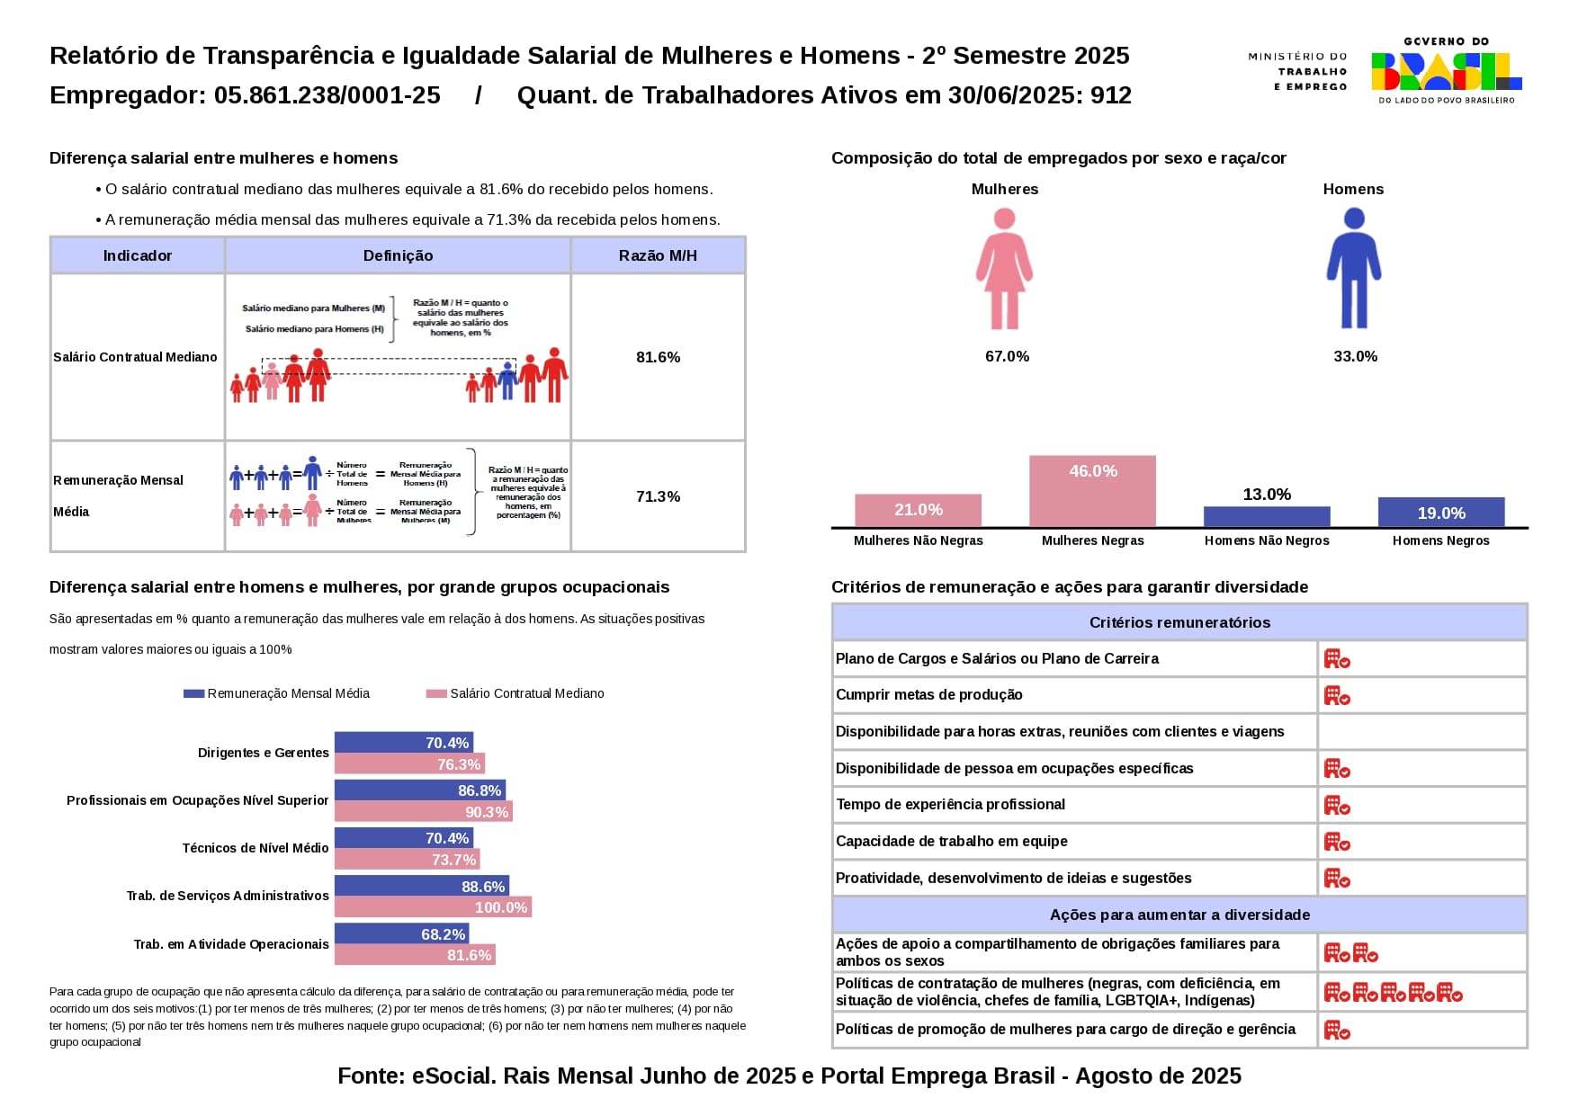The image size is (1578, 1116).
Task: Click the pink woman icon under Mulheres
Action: (x=1004, y=269)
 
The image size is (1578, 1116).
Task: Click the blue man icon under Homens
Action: (x=1353, y=269)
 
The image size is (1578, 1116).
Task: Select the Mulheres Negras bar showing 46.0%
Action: (x=1092, y=491)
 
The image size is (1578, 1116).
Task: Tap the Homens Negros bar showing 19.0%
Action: (x=1440, y=512)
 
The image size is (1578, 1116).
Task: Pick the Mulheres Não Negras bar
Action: (x=918, y=510)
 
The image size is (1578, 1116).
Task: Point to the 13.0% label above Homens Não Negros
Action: (x=1267, y=495)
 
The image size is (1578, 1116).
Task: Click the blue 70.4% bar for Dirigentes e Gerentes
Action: (x=404, y=743)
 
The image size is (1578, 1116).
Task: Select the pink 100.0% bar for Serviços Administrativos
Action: (x=433, y=907)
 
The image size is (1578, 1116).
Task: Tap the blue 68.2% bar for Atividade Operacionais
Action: (x=401, y=934)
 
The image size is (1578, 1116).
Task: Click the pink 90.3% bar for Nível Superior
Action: (x=423, y=812)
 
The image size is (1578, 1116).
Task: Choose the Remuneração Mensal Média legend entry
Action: (x=277, y=693)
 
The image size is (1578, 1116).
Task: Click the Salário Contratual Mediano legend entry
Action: (x=516, y=693)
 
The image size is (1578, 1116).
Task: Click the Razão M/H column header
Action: (x=658, y=255)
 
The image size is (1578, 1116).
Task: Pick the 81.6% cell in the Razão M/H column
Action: (x=658, y=357)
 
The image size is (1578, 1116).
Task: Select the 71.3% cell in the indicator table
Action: (x=658, y=496)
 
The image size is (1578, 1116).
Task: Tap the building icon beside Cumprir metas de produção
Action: (x=1337, y=695)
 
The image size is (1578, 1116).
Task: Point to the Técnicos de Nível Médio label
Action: (x=256, y=848)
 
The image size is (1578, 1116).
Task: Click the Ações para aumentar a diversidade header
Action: (x=1179, y=915)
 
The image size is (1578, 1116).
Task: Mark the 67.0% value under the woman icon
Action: (x=1007, y=356)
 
